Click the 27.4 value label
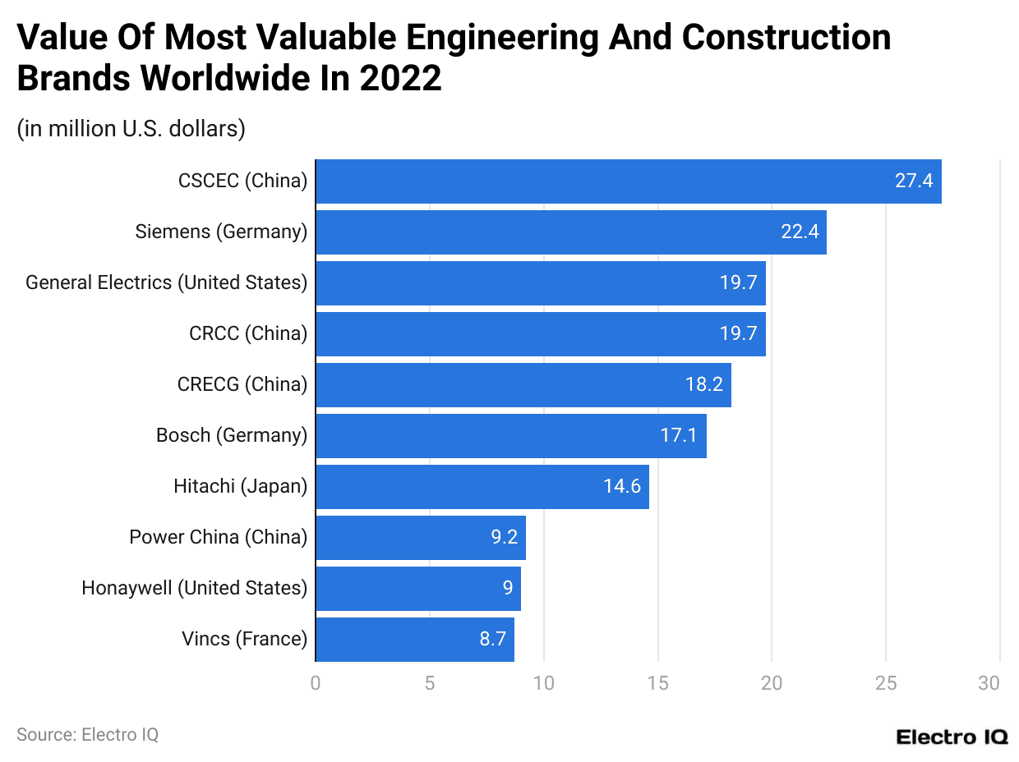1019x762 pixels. tap(914, 181)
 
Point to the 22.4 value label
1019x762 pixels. tap(800, 232)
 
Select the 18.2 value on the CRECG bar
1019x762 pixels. tap(704, 385)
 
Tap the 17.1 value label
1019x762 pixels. tap(679, 436)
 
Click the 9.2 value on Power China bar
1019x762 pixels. tap(505, 538)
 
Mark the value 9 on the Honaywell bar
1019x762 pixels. tap(508, 589)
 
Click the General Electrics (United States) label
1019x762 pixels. tap(166, 283)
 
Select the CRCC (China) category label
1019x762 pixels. tap(248, 334)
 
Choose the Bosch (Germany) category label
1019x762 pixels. tap(232, 436)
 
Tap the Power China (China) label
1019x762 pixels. tap(218, 538)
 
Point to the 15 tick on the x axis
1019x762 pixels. tap(657, 683)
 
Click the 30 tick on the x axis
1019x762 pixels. tap(989, 683)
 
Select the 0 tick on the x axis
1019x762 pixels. tap(316, 683)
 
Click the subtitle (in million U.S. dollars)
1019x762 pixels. tap(131, 129)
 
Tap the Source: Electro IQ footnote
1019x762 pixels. tap(87, 735)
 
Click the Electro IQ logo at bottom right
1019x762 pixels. tap(952, 737)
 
